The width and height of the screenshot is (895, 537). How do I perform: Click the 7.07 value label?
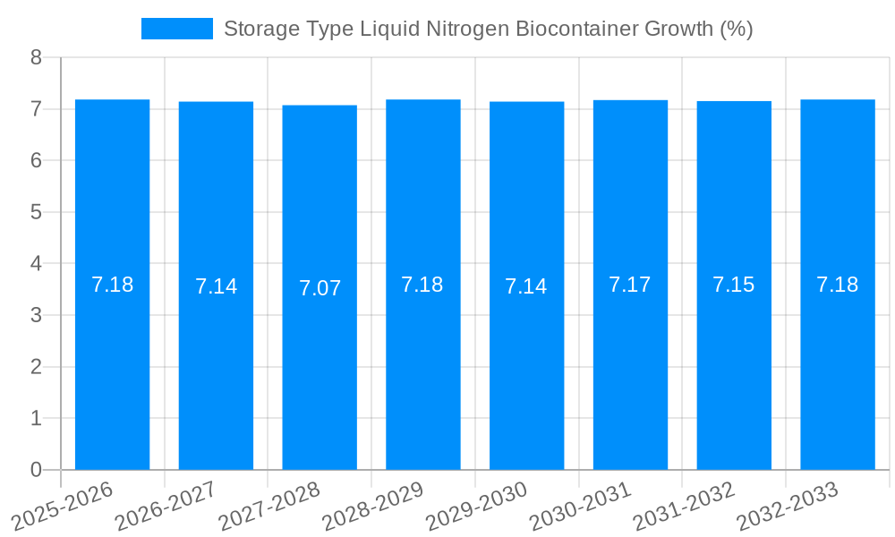pos(320,288)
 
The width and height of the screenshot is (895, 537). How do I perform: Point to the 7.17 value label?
pos(630,285)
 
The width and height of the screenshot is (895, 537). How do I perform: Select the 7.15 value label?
pos(733,285)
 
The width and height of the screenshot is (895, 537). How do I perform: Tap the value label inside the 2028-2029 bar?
pos(422,285)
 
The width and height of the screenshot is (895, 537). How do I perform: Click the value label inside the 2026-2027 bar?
pos(216,286)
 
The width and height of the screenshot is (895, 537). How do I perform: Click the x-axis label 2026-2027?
pos(165,507)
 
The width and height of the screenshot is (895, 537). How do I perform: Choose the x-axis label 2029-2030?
pos(475,507)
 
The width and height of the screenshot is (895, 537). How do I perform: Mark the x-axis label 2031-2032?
pos(683,507)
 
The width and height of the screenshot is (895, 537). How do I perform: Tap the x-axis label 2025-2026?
pos(62,507)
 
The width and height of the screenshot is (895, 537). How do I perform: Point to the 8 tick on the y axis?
pos(36,57)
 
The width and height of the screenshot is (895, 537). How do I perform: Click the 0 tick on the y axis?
pos(36,470)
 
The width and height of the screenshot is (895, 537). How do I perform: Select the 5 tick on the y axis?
pos(36,212)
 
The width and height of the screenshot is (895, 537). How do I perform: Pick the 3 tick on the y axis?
pos(36,315)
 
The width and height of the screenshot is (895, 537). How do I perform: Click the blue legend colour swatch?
pos(177,29)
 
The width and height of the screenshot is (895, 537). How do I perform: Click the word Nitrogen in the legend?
pos(468,29)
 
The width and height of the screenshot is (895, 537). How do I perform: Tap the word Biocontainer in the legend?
pos(579,29)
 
